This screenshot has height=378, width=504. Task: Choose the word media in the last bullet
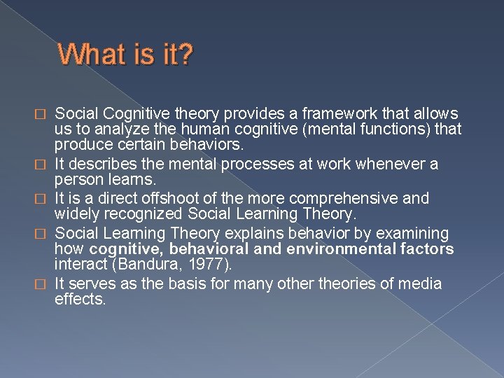(x=419, y=283)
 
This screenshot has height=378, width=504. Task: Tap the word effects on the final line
(x=80, y=300)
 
